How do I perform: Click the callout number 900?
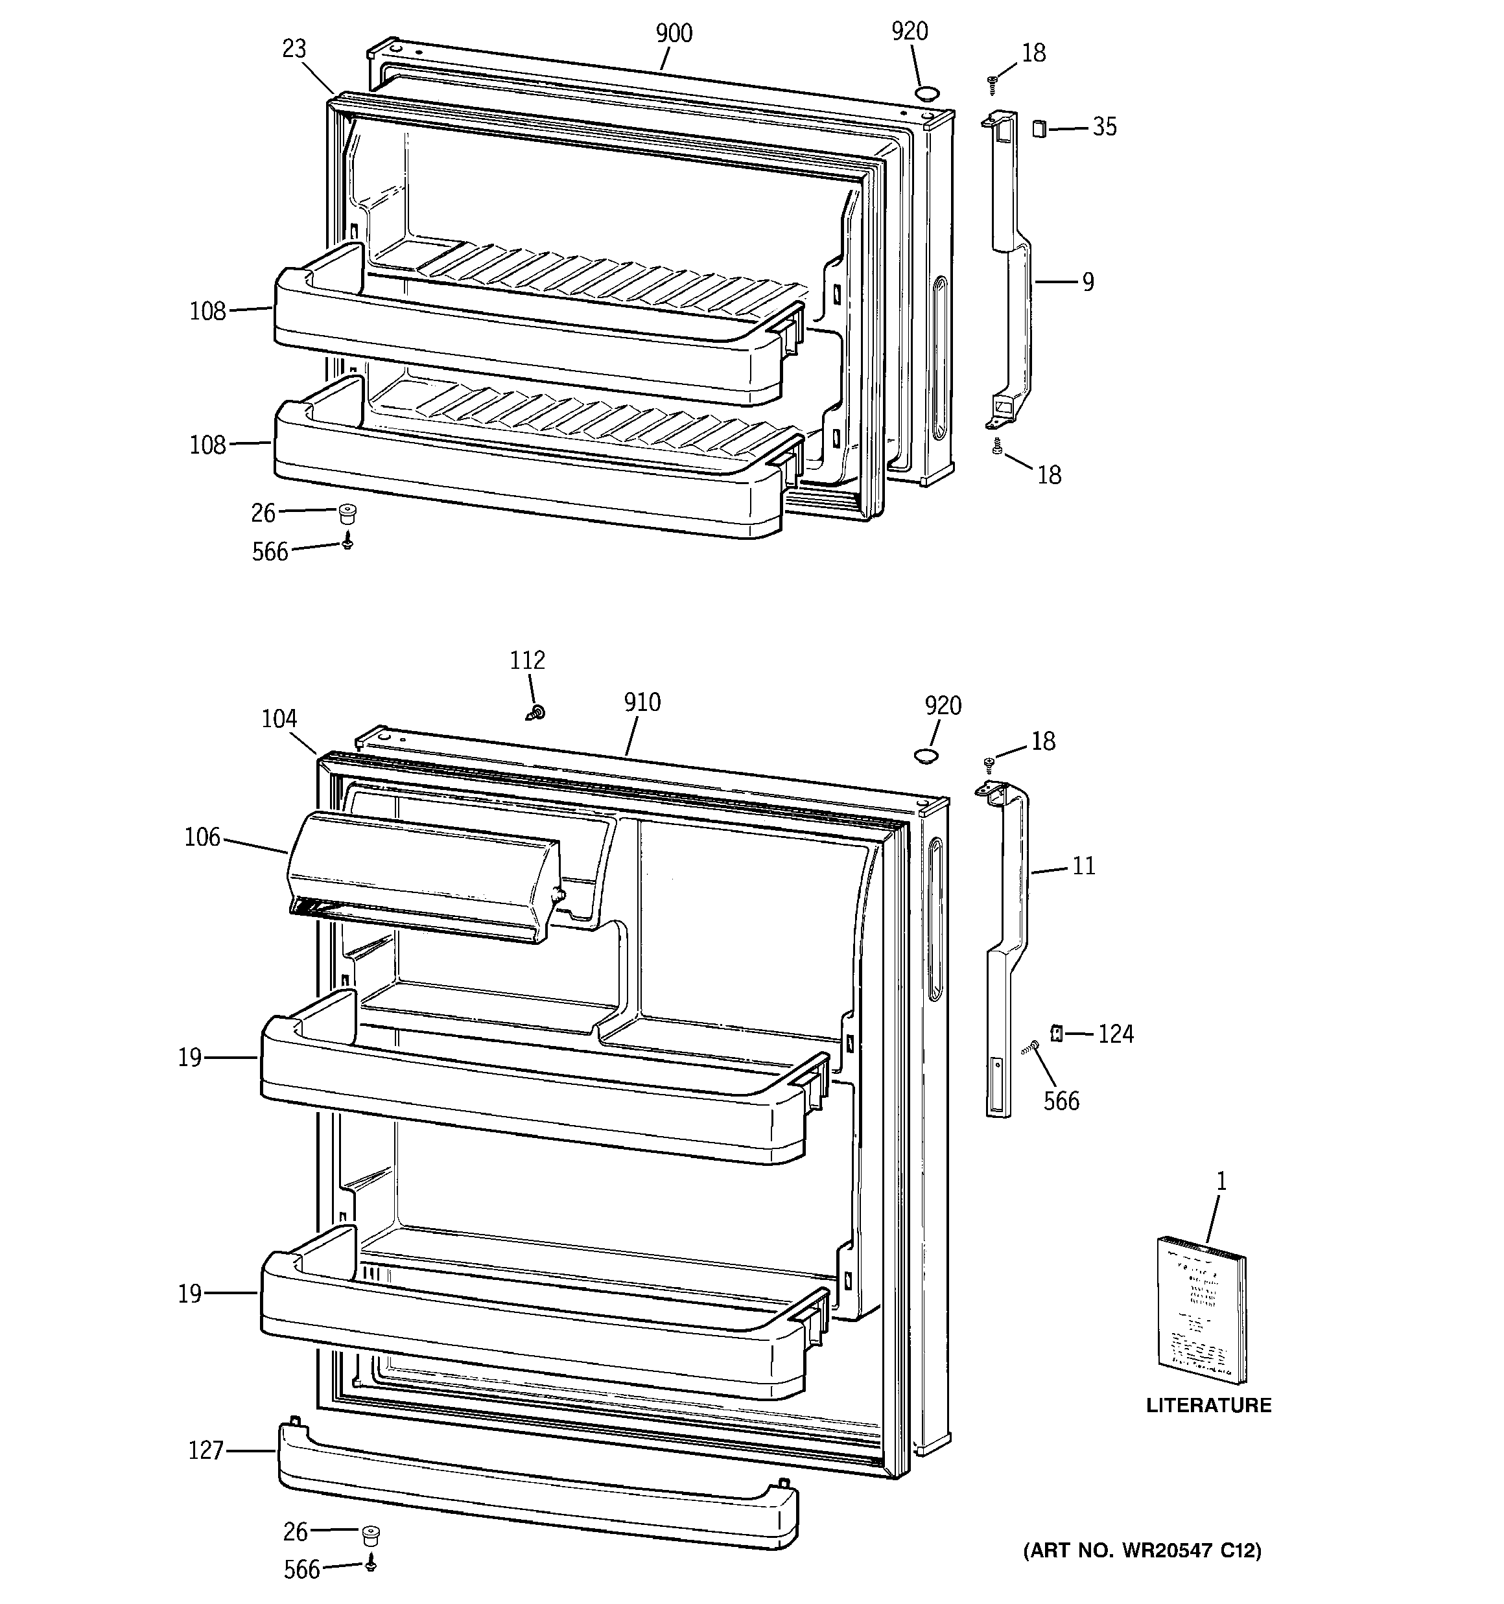pyautogui.click(x=674, y=33)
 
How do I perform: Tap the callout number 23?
pyautogui.click(x=294, y=49)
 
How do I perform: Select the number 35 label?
pyautogui.click(x=1105, y=126)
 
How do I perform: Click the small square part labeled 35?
pyautogui.click(x=1039, y=128)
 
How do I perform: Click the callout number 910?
pyautogui.click(x=642, y=703)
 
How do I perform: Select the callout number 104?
pyautogui.click(x=279, y=719)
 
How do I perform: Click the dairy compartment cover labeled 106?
pyautogui.click(x=420, y=879)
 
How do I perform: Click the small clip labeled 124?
pyautogui.click(x=1055, y=1033)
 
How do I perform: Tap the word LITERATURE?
pyautogui.click(x=1208, y=1404)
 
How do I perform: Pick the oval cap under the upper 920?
pyautogui.click(x=925, y=93)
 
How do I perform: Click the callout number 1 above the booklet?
pyautogui.click(x=1221, y=1181)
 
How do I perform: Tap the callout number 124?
pyautogui.click(x=1116, y=1034)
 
